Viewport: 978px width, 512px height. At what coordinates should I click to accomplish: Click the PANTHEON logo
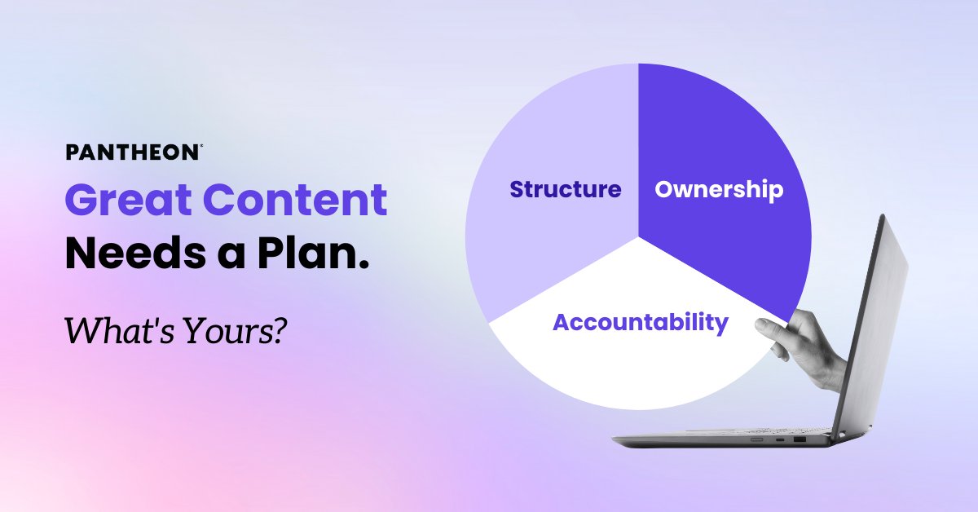click(132, 152)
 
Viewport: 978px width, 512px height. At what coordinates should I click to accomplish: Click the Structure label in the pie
click(565, 190)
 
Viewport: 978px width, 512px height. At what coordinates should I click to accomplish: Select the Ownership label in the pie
click(719, 190)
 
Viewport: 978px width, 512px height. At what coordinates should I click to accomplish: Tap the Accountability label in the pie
click(640, 322)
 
